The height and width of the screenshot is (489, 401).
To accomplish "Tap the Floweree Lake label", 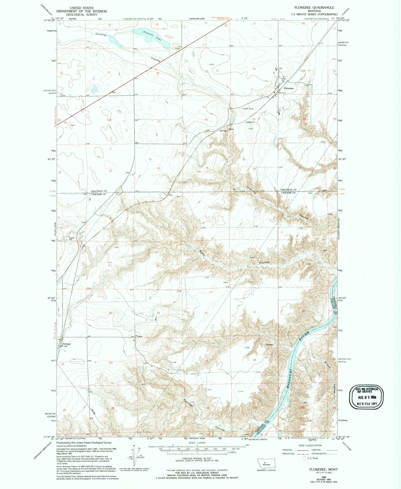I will (x=152, y=36).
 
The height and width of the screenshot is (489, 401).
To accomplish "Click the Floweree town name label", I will (x=288, y=88).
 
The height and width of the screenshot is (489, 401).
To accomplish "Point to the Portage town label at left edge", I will (x=66, y=344).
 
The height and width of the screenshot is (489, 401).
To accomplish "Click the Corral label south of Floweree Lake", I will (x=177, y=49).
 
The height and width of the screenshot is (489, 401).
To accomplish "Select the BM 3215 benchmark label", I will (x=282, y=93).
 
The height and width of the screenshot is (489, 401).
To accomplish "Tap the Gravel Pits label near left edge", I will (x=71, y=239).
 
